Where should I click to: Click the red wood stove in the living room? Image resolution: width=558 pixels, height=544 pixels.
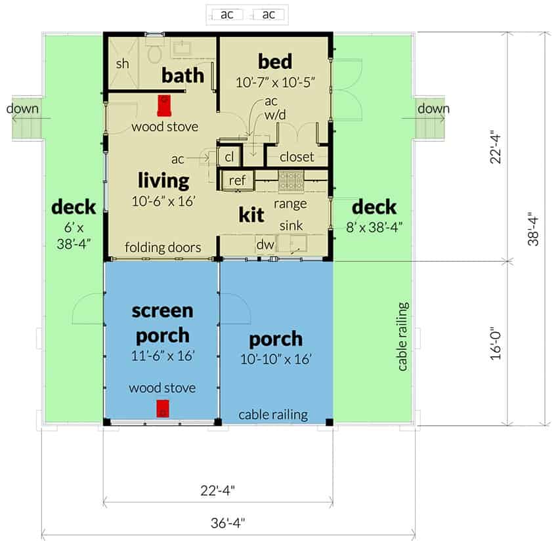(x=164, y=106)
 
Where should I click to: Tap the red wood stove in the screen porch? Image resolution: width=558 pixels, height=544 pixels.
(x=163, y=408)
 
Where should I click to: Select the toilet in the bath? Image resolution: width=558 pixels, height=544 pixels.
(x=155, y=52)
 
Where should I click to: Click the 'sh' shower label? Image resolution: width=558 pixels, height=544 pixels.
(x=122, y=64)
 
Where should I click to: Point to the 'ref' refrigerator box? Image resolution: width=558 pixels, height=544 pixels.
(x=238, y=180)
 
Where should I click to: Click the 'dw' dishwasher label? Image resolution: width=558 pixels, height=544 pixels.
(x=265, y=244)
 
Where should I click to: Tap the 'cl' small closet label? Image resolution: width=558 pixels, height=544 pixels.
(x=230, y=157)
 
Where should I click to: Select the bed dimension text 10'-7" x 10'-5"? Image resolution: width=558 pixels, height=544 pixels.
(x=276, y=83)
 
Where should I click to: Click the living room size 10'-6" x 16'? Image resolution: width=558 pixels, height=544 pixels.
(x=163, y=201)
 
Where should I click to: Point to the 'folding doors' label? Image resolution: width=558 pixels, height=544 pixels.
(x=163, y=247)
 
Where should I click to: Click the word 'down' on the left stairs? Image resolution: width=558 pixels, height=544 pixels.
(x=22, y=108)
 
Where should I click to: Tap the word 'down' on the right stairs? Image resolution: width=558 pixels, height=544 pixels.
(x=433, y=108)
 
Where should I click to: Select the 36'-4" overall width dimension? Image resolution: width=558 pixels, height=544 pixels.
(x=228, y=523)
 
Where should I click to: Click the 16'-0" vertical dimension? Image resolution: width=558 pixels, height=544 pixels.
(x=496, y=343)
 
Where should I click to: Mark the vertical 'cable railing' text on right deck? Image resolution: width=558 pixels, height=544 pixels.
(x=402, y=337)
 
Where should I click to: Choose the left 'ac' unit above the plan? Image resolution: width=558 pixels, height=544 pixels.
(x=227, y=14)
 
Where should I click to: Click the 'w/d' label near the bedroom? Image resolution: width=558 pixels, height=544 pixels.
(x=274, y=115)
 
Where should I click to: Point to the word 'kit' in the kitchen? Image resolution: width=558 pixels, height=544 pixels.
(x=251, y=215)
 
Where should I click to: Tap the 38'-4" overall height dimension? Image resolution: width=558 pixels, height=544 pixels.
(x=533, y=229)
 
